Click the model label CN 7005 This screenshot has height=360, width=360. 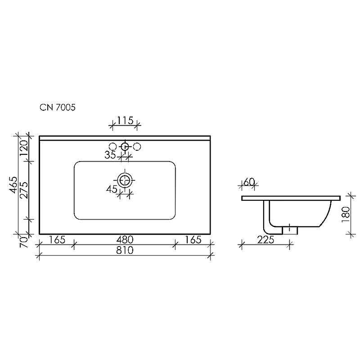(x=58, y=107)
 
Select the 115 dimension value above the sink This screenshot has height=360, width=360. (x=125, y=121)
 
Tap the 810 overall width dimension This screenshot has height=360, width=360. (x=125, y=250)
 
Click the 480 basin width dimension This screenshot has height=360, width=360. (x=125, y=240)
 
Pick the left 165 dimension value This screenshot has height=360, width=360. (x=57, y=240)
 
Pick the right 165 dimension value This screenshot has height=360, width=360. (x=193, y=240)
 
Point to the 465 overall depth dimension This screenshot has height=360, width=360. (x=14, y=185)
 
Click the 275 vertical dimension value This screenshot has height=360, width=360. (x=24, y=190)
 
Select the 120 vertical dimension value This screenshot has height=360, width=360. (x=24, y=148)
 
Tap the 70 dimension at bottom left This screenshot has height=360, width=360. (x=24, y=242)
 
